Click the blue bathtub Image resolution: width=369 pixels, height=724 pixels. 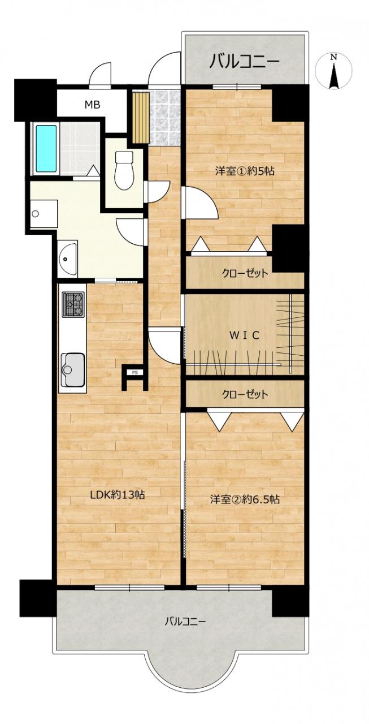[46, 149]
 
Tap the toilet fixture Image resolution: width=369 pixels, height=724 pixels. [124, 170]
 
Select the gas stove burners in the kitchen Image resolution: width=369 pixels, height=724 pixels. [73, 304]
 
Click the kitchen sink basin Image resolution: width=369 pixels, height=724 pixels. [73, 369]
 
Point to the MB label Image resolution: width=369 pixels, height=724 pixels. [92, 105]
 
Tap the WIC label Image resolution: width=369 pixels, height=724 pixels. [244, 336]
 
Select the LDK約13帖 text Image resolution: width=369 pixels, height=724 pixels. [117, 495]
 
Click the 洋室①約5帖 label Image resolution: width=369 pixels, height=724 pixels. [245, 171]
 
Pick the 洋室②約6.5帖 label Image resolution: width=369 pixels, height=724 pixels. [245, 499]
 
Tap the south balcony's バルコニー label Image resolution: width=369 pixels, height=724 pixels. [185, 621]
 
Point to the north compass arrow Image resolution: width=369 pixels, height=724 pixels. [334, 75]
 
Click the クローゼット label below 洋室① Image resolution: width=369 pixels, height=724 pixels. [245, 273]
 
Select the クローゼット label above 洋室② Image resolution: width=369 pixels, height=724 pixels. [245, 394]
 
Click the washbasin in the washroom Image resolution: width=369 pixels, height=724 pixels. [67, 258]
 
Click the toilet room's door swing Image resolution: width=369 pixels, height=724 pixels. [157, 192]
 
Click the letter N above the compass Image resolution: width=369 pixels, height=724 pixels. [333, 57]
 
